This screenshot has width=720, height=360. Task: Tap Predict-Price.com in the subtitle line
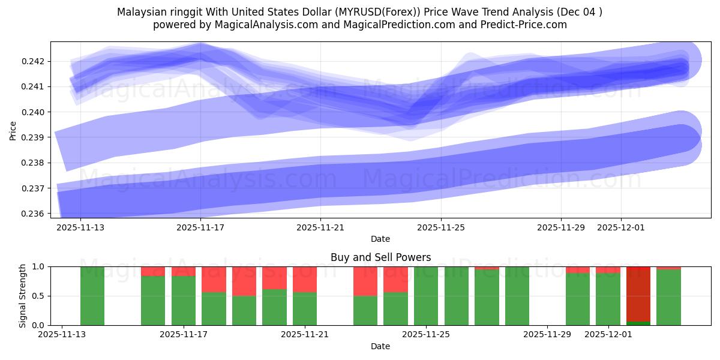[x=526, y=25]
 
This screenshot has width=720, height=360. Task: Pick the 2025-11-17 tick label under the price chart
[x=200, y=227]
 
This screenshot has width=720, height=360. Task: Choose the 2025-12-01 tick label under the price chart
[x=621, y=227]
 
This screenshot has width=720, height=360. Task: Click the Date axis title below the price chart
[x=380, y=239]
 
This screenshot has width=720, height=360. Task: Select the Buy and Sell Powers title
[x=380, y=257]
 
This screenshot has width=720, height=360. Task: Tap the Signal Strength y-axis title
[x=22, y=296]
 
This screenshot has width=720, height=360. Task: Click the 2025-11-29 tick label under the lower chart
[x=547, y=334]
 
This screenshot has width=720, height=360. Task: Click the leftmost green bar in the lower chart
[x=92, y=296]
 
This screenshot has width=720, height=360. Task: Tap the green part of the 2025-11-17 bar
[x=184, y=301]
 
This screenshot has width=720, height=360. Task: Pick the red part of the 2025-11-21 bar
[x=305, y=279]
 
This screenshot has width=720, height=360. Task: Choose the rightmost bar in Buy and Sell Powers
[x=668, y=298]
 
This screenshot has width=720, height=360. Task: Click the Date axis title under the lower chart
[x=380, y=346]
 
